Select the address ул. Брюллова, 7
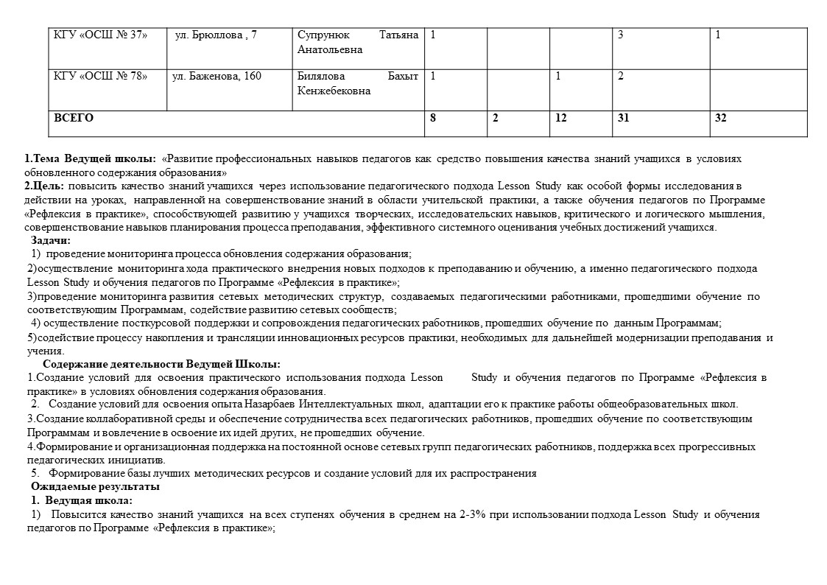pyautogui.click(x=216, y=35)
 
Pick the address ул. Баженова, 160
pyautogui.click(x=217, y=76)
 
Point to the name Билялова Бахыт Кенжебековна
pyautogui.click(x=358, y=83)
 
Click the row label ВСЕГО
pyautogui.click(x=74, y=117)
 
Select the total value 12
pyautogui.click(x=561, y=117)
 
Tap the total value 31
pyautogui.click(x=624, y=117)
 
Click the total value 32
pyautogui.click(x=721, y=117)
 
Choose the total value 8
pyautogui.click(x=433, y=117)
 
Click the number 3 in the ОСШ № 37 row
pyautogui.click(x=621, y=35)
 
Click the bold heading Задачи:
pyautogui.click(x=51, y=240)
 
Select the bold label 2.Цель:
pyautogui.click(x=45, y=186)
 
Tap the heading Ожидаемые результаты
pyautogui.click(x=95, y=487)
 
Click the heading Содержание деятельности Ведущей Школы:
pyautogui.click(x=161, y=364)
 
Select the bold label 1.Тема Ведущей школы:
pyautogui.click(x=90, y=159)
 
